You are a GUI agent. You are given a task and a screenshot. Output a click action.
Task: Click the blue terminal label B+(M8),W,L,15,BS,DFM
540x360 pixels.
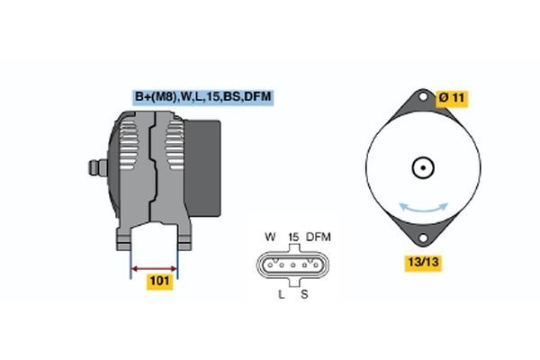pos(203,97)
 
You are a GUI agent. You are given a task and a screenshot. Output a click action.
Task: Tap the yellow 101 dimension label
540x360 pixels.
pos(160,281)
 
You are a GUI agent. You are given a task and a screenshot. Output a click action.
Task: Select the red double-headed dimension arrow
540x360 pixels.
pos(154,269)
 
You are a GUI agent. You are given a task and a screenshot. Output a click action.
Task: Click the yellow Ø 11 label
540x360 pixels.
pos(452,98)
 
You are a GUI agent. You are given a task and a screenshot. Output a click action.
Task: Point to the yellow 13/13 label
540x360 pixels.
pos(423,262)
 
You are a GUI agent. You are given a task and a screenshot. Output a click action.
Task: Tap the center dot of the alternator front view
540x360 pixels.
pos(423,167)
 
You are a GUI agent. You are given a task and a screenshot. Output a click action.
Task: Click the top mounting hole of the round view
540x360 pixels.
pos(423,96)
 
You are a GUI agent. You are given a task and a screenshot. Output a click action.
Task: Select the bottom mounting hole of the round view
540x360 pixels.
pos(423,238)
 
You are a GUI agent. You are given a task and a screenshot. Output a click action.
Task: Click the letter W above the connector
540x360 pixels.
pos(270,237)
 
